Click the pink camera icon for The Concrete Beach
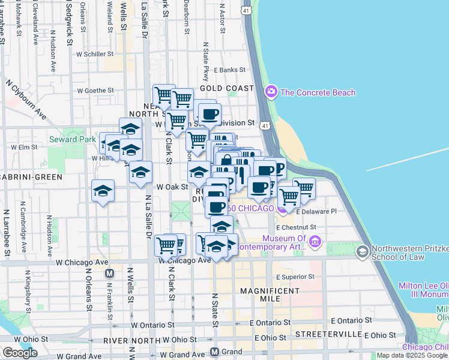[x=271, y=92]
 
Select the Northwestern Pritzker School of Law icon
[x=362, y=251]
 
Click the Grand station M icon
[x=215, y=352]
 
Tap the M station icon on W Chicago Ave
[x=110, y=273]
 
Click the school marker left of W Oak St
[x=103, y=192]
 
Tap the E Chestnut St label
[x=296, y=227]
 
